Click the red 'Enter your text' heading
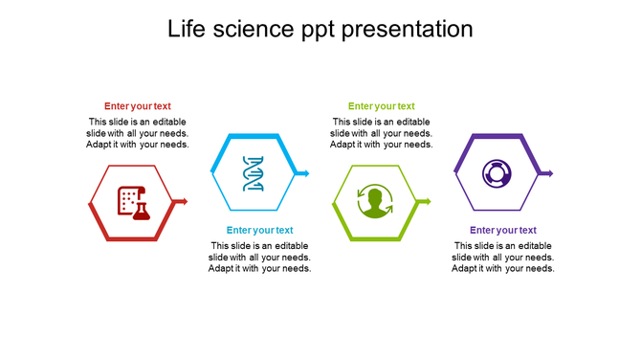point(138,106)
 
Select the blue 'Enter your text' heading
point(259,230)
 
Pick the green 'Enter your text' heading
point(381,106)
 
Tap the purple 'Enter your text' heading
point(502,230)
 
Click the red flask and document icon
point(133,202)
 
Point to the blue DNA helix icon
point(254,173)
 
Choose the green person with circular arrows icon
point(375,202)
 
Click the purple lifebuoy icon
point(497,173)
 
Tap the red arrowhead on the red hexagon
point(184,201)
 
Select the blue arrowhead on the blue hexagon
point(305,173)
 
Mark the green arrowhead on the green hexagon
point(427,201)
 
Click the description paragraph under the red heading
point(138,133)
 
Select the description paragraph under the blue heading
point(259,257)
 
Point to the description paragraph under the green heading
point(381,133)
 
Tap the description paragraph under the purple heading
point(502,257)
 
